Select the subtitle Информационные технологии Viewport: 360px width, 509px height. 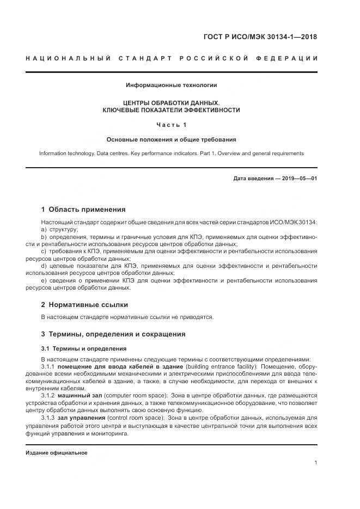coord(172,85)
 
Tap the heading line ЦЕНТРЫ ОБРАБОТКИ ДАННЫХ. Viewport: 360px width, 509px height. coord(172,102)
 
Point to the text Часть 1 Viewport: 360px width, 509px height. coord(172,125)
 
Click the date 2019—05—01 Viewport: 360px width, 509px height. coord(299,177)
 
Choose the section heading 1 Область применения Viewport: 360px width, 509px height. coord(83,209)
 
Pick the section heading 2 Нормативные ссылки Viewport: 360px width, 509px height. coord(84,305)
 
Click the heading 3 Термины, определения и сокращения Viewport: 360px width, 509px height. coord(113,334)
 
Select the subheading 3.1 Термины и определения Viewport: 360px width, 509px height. coord(83,348)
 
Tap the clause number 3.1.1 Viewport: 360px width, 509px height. coord(48,366)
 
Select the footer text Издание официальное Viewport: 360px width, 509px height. coord(57,453)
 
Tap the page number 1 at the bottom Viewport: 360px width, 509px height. coord(316,463)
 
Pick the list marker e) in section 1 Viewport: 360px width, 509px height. coord(44,280)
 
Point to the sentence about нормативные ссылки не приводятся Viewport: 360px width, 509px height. coord(127,317)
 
